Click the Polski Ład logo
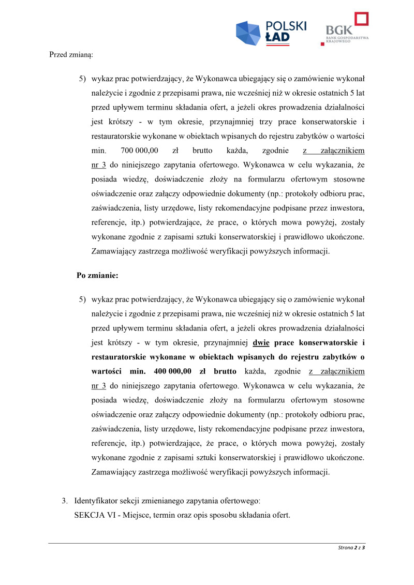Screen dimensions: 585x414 271,32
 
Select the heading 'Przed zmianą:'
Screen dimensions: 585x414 71,54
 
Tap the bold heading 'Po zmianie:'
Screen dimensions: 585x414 97,276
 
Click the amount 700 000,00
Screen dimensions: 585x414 139,151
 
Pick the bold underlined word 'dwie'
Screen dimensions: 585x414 261,342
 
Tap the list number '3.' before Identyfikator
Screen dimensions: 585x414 65,501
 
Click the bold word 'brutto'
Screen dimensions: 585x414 225,371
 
